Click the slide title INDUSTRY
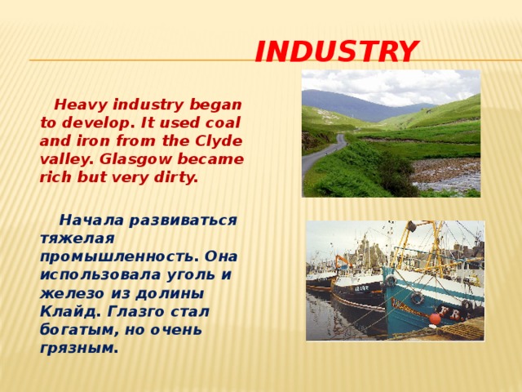click(337, 53)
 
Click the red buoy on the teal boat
click(435, 319)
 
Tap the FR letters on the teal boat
click(449, 310)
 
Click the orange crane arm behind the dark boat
click(340, 261)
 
